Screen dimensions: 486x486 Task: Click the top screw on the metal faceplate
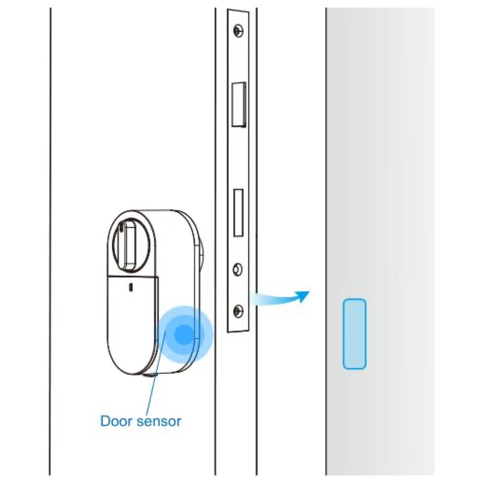(238, 31)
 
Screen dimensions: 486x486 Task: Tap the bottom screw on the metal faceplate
(238, 311)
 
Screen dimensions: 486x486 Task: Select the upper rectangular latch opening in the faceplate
(239, 104)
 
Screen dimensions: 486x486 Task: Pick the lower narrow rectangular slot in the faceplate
(238, 212)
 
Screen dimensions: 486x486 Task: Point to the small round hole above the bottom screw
(238, 269)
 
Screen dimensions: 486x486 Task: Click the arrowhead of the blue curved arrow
(302, 296)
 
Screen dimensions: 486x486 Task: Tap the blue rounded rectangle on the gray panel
(354, 334)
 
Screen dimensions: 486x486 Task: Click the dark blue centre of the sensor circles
(184, 334)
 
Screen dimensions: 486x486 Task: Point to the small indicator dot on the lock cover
(131, 287)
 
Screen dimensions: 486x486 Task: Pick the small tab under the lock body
(150, 375)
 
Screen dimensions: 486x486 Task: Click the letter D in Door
(105, 421)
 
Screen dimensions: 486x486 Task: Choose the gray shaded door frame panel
(380, 242)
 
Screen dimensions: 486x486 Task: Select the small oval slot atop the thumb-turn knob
(120, 229)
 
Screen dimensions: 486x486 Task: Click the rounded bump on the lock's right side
(201, 254)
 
